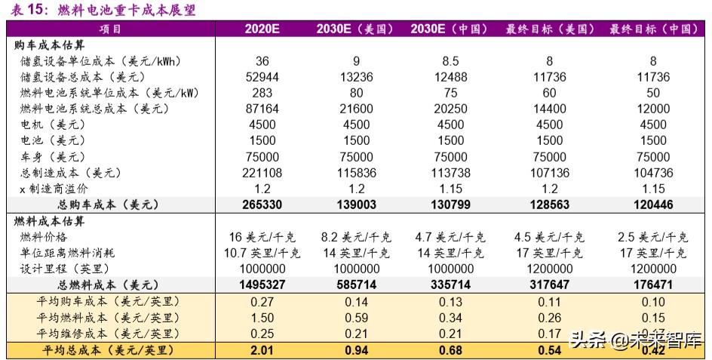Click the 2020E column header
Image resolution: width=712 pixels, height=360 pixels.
coord(262,29)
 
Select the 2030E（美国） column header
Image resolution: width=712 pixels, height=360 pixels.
coord(355,29)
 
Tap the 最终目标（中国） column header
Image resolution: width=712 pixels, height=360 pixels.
coord(652,29)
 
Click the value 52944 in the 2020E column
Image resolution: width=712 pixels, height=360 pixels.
coord(262,77)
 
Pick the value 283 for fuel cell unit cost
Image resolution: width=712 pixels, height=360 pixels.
coord(262,93)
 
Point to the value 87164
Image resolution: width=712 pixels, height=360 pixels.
coord(262,109)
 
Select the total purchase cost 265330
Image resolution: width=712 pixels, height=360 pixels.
coord(262,205)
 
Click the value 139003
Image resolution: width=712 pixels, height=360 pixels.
coord(356,205)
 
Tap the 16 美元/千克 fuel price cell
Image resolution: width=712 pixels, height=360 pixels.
coord(262,237)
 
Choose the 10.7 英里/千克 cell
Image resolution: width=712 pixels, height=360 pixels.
coord(262,253)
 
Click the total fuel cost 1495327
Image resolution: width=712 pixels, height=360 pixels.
coord(262,285)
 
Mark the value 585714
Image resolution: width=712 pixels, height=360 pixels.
coord(356,285)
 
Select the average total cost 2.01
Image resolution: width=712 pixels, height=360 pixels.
coord(262,350)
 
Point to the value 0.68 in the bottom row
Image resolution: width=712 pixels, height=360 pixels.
coord(450,350)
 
